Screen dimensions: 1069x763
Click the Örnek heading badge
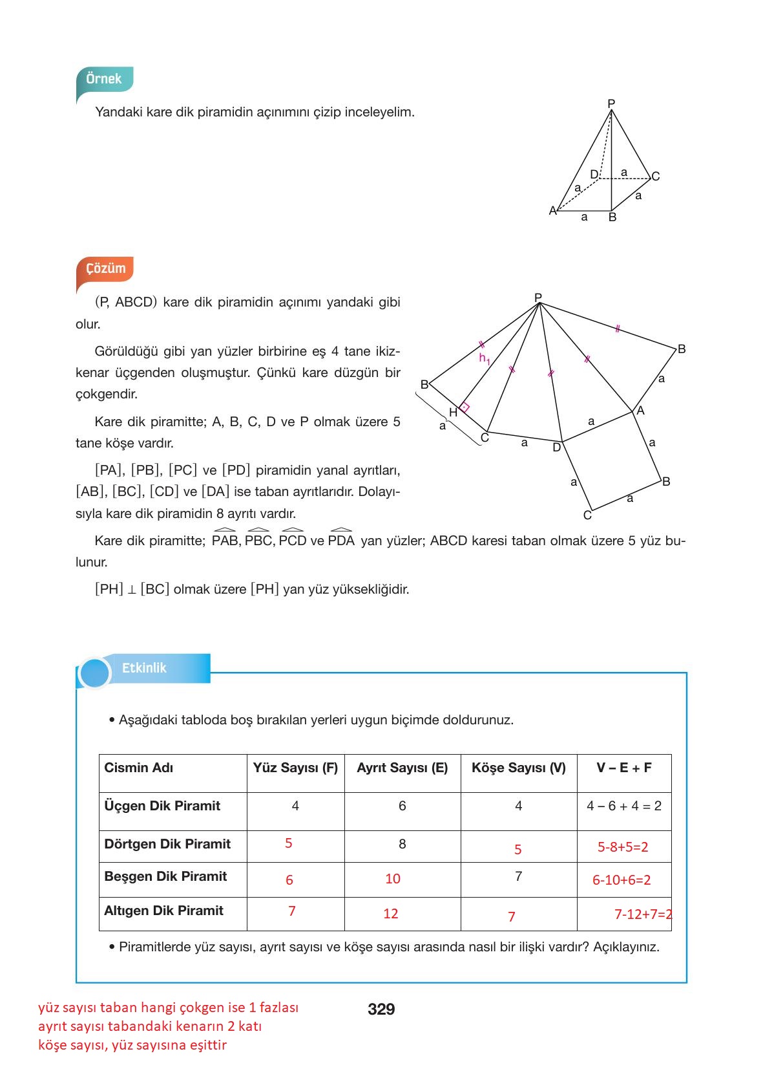[104, 79]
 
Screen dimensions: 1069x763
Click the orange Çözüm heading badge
[105, 268]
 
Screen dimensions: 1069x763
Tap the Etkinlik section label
[144, 668]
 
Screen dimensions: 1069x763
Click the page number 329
[381, 1009]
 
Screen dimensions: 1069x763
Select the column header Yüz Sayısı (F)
[295, 768]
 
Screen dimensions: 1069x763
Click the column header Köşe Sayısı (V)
[518, 768]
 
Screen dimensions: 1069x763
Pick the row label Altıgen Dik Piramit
[163, 911]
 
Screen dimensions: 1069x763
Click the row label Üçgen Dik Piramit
[162, 806]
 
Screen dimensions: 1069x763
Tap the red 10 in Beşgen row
[393, 879]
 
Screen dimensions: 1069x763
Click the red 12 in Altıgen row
[390, 914]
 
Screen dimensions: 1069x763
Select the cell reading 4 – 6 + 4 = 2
[623, 806]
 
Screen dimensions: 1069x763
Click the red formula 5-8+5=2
[622, 847]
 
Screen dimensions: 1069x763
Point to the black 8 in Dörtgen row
[402, 844]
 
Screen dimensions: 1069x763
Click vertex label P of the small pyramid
[611, 103]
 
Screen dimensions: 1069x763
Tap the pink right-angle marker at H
[465, 407]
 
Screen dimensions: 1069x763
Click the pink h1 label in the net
[484, 358]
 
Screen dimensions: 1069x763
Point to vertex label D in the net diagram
[556, 448]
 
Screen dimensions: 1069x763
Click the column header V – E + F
[623, 768]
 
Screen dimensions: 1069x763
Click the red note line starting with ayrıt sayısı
[150, 1026]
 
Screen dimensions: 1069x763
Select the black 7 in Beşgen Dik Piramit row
[518, 876]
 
